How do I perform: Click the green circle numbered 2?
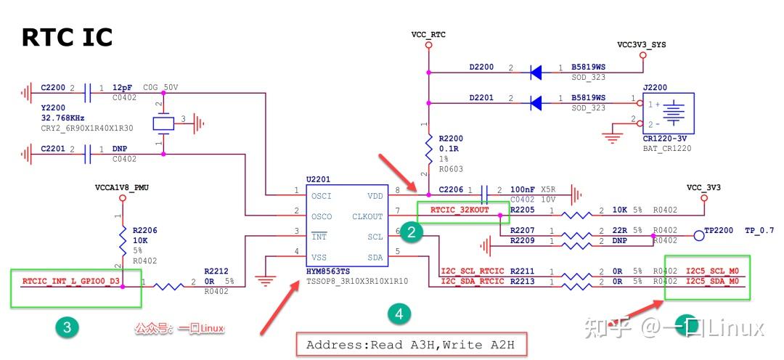pyautogui.click(x=412, y=232)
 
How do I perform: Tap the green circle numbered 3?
pyautogui.click(x=67, y=327)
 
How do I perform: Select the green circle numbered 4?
pyautogui.click(x=398, y=314)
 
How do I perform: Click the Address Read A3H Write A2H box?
pyautogui.click(x=410, y=345)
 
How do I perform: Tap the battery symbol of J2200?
pyautogui.click(x=674, y=112)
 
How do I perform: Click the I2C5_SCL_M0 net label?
pyautogui.click(x=712, y=271)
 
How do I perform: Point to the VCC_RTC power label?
pyautogui.click(x=428, y=33)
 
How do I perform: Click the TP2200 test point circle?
pyautogui.click(x=699, y=234)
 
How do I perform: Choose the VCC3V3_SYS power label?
pyautogui.click(x=641, y=44)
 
